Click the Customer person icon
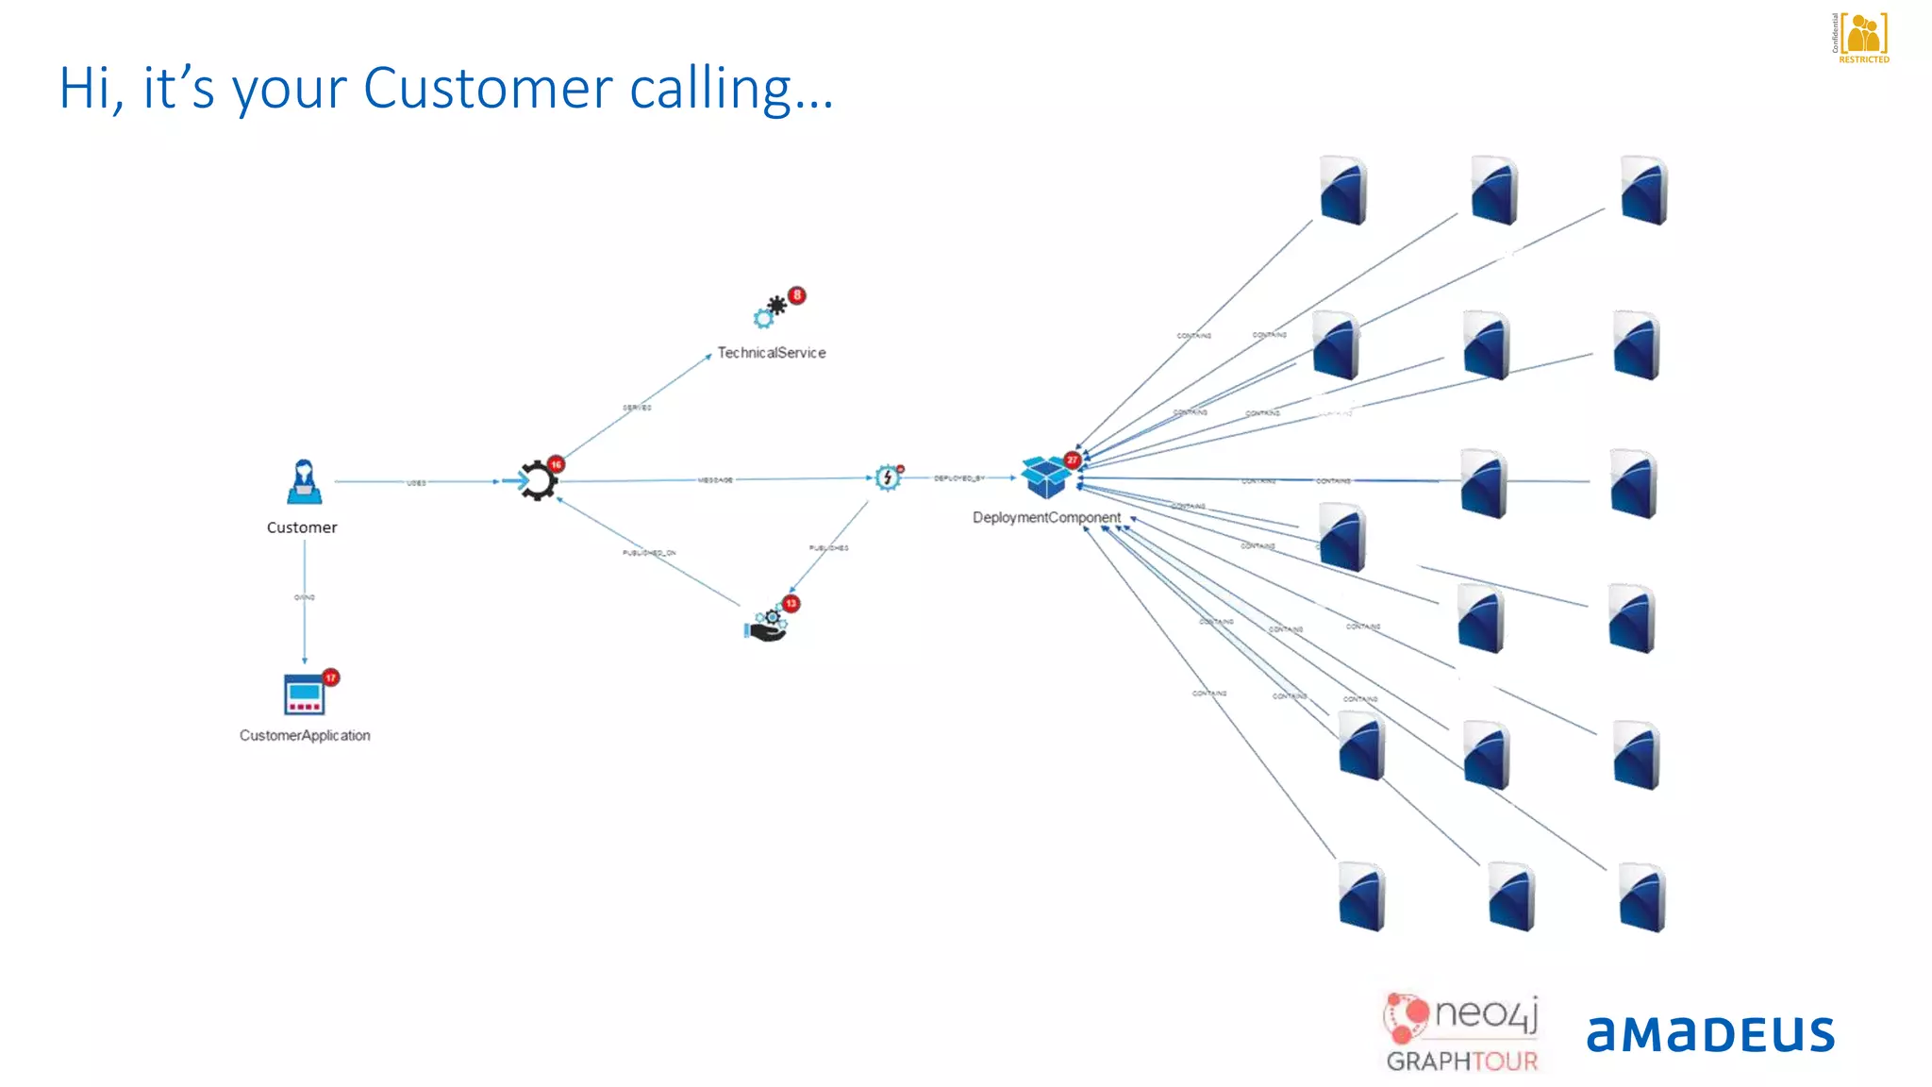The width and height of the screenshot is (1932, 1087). (303, 482)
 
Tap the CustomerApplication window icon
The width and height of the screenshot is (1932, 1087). (303, 694)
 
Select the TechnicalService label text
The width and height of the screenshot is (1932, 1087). (771, 353)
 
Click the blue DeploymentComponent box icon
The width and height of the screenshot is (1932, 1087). (1045, 477)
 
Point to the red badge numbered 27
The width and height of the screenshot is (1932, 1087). (1072, 460)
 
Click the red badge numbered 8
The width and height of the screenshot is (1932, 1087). (797, 295)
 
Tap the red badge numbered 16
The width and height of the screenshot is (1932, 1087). (557, 464)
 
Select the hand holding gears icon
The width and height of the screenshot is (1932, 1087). (767, 625)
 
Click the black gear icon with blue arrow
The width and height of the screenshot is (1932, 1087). (536, 481)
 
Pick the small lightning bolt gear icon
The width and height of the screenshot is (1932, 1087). (887, 477)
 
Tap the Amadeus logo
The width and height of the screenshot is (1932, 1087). (1709, 1034)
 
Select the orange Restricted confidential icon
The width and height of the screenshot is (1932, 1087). (1863, 38)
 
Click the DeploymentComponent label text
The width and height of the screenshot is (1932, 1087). (1046, 518)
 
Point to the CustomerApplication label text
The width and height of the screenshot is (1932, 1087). (305, 736)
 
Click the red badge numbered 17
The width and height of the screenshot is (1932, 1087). (330, 677)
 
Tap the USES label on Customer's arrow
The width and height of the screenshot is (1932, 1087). (416, 483)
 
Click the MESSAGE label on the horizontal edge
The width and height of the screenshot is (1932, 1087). (715, 480)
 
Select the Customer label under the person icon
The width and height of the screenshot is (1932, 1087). (302, 527)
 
